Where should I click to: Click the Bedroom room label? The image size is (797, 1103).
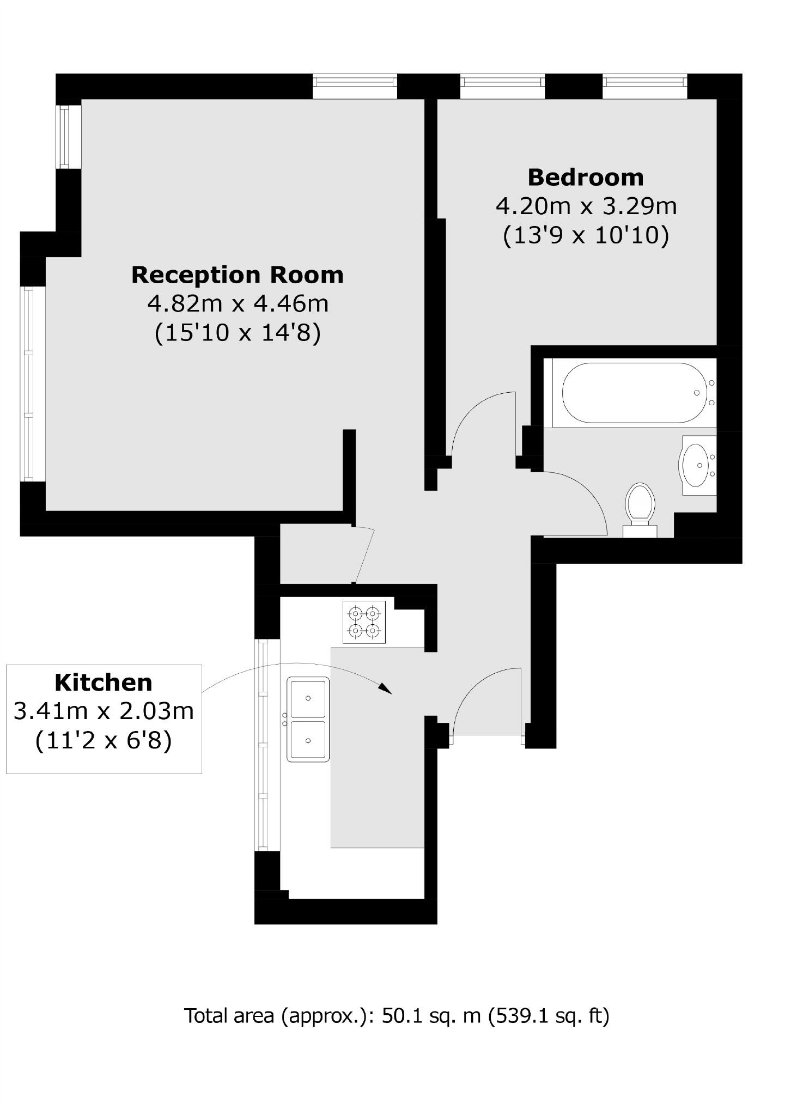pyautogui.click(x=586, y=178)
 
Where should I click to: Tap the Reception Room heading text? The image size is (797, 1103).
pyautogui.click(x=238, y=275)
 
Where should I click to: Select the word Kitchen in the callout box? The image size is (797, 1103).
pyautogui.click(x=104, y=682)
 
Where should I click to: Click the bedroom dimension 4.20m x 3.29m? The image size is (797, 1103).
pyautogui.click(x=586, y=206)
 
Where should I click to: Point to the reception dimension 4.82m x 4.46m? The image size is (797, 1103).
pyautogui.click(x=238, y=303)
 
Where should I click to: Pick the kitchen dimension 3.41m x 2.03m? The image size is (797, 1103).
pyautogui.click(x=104, y=711)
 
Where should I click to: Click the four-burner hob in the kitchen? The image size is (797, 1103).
pyautogui.click(x=364, y=622)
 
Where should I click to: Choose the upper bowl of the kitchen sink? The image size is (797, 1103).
pyautogui.click(x=308, y=698)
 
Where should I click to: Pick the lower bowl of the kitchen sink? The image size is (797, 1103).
pyautogui.click(x=308, y=740)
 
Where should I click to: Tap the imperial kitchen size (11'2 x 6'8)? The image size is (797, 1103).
pyautogui.click(x=104, y=741)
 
